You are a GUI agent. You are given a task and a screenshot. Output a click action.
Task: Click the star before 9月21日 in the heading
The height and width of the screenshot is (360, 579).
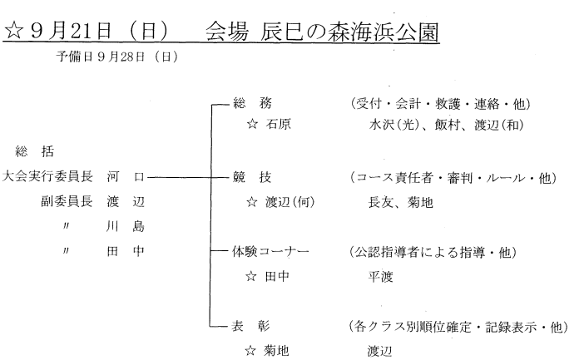point(13,30)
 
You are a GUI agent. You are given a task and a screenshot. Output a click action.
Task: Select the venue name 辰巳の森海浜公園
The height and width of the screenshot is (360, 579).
point(349,32)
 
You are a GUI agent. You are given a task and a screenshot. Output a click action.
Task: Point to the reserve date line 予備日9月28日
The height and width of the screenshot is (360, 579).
point(117,57)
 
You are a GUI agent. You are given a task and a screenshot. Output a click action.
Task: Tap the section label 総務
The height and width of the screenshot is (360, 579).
point(252,103)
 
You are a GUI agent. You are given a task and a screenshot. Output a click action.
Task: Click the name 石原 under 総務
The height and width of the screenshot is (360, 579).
point(278,124)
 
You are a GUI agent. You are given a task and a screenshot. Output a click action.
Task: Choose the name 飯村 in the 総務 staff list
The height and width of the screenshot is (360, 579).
point(447,125)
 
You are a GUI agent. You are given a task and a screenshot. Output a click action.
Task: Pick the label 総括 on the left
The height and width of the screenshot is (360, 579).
point(35,151)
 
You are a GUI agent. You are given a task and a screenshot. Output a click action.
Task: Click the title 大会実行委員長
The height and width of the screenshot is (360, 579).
point(47,176)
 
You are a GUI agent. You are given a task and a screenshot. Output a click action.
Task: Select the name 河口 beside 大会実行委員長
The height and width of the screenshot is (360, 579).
point(126,176)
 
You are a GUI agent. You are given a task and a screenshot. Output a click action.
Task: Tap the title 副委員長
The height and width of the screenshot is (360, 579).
point(67,201)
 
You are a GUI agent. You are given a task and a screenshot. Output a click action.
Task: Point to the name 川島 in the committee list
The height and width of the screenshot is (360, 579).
point(125,226)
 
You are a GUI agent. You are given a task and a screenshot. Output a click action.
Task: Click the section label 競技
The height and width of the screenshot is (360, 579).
point(252,177)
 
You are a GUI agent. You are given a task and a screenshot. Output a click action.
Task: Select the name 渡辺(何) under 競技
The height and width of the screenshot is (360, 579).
point(289,202)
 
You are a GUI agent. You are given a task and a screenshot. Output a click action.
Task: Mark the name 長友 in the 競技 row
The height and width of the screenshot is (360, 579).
point(380,202)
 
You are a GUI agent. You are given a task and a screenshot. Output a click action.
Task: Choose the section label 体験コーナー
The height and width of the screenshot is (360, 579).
point(270,251)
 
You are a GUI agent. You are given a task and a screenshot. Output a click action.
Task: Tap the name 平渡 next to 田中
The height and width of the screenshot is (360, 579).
point(380,277)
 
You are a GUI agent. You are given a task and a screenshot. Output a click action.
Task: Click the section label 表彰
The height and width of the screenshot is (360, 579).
point(250,327)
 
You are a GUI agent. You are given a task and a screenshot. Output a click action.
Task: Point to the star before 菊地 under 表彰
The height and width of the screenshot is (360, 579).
point(250,350)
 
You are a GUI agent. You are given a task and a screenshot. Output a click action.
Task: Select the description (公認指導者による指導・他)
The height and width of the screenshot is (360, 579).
point(433,253)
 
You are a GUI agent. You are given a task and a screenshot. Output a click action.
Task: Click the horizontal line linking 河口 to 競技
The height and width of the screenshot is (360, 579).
point(188,178)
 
